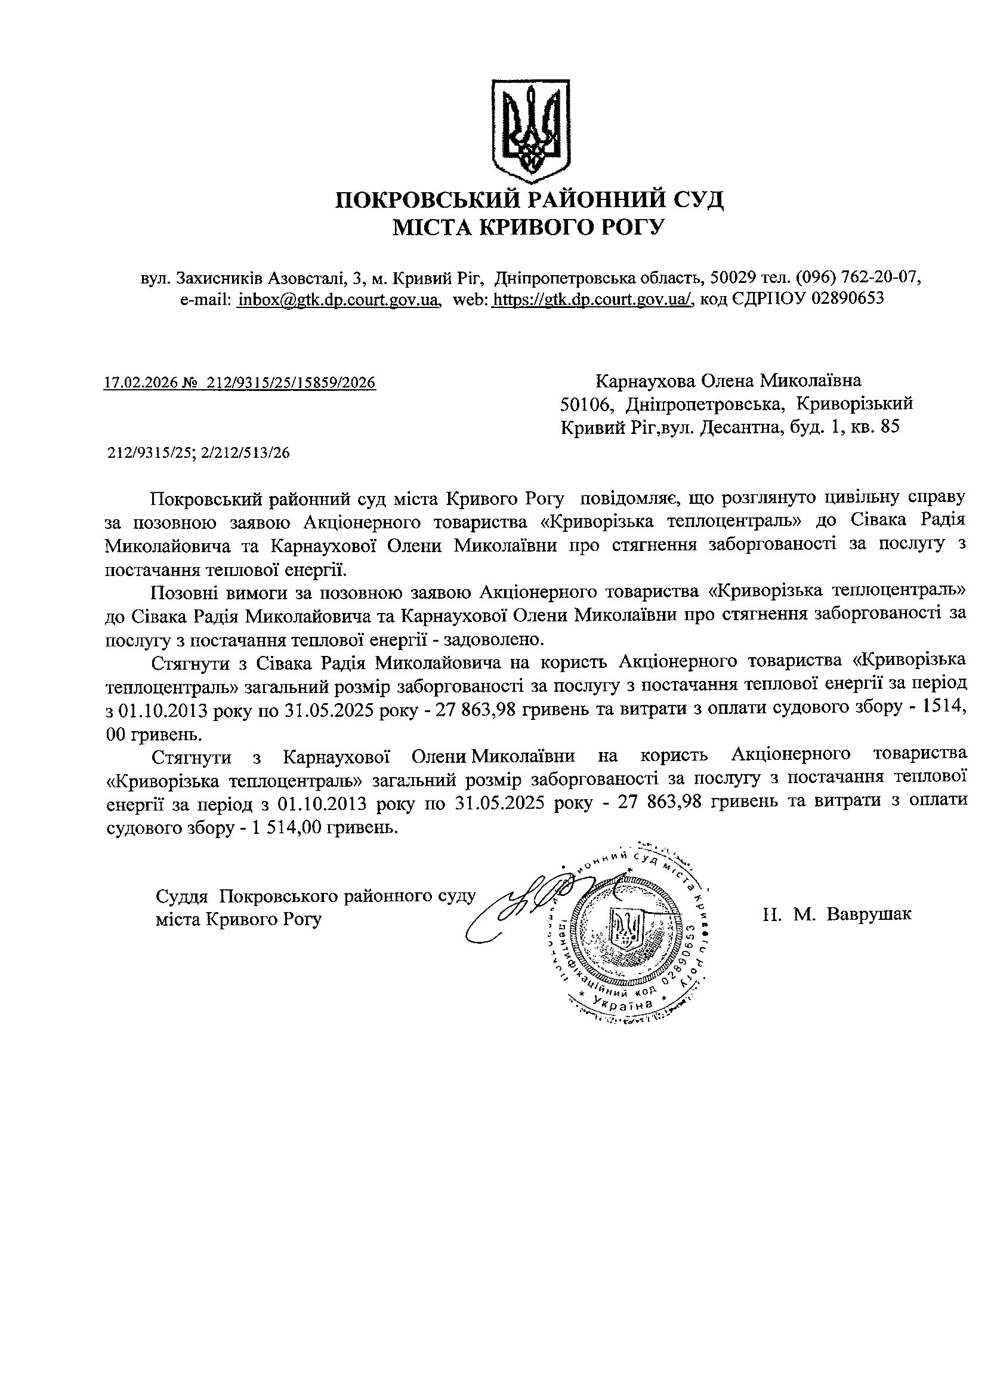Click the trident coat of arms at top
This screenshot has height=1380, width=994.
pyautogui.click(x=530, y=131)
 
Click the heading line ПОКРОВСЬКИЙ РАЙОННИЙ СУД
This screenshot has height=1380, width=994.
pyautogui.click(x=529, y=199)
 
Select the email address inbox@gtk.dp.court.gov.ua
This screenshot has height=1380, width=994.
pyautogui.click(x=338, y=300)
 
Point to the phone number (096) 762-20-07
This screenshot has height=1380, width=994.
pyautogui.click(x=859, y=278)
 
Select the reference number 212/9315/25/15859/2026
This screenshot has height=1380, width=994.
pyautogui.click(x=291, y=383)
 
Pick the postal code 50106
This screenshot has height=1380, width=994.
pyautogui.click(x=587, y=405)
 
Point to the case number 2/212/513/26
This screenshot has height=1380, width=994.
pyautogui.click(x=251, y=452)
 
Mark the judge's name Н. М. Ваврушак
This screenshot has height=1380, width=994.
pyautogui.click(x=837, y=914)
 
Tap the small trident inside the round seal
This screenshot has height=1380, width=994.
pyautogui.click(x=626, y=929)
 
